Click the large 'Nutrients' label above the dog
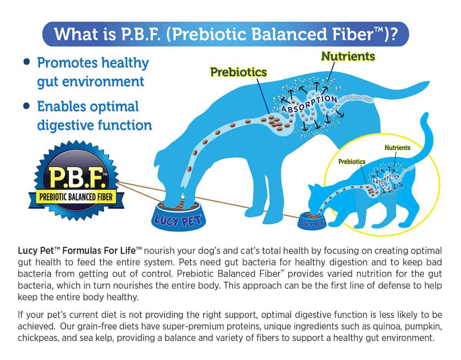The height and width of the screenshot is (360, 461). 348,56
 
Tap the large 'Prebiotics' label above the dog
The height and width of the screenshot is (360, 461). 239,72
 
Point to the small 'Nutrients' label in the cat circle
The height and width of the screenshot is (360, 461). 397,148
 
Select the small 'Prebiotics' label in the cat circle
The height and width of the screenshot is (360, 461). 352,162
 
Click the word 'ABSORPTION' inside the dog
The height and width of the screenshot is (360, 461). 309,104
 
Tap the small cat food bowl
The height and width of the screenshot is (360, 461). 312,221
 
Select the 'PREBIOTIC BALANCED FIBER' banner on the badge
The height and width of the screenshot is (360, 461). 76,197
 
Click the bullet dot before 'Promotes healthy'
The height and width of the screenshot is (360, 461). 27,62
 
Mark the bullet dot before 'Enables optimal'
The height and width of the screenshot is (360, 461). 27,106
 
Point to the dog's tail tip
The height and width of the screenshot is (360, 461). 428,83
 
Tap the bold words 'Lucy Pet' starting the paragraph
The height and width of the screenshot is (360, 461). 36,251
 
